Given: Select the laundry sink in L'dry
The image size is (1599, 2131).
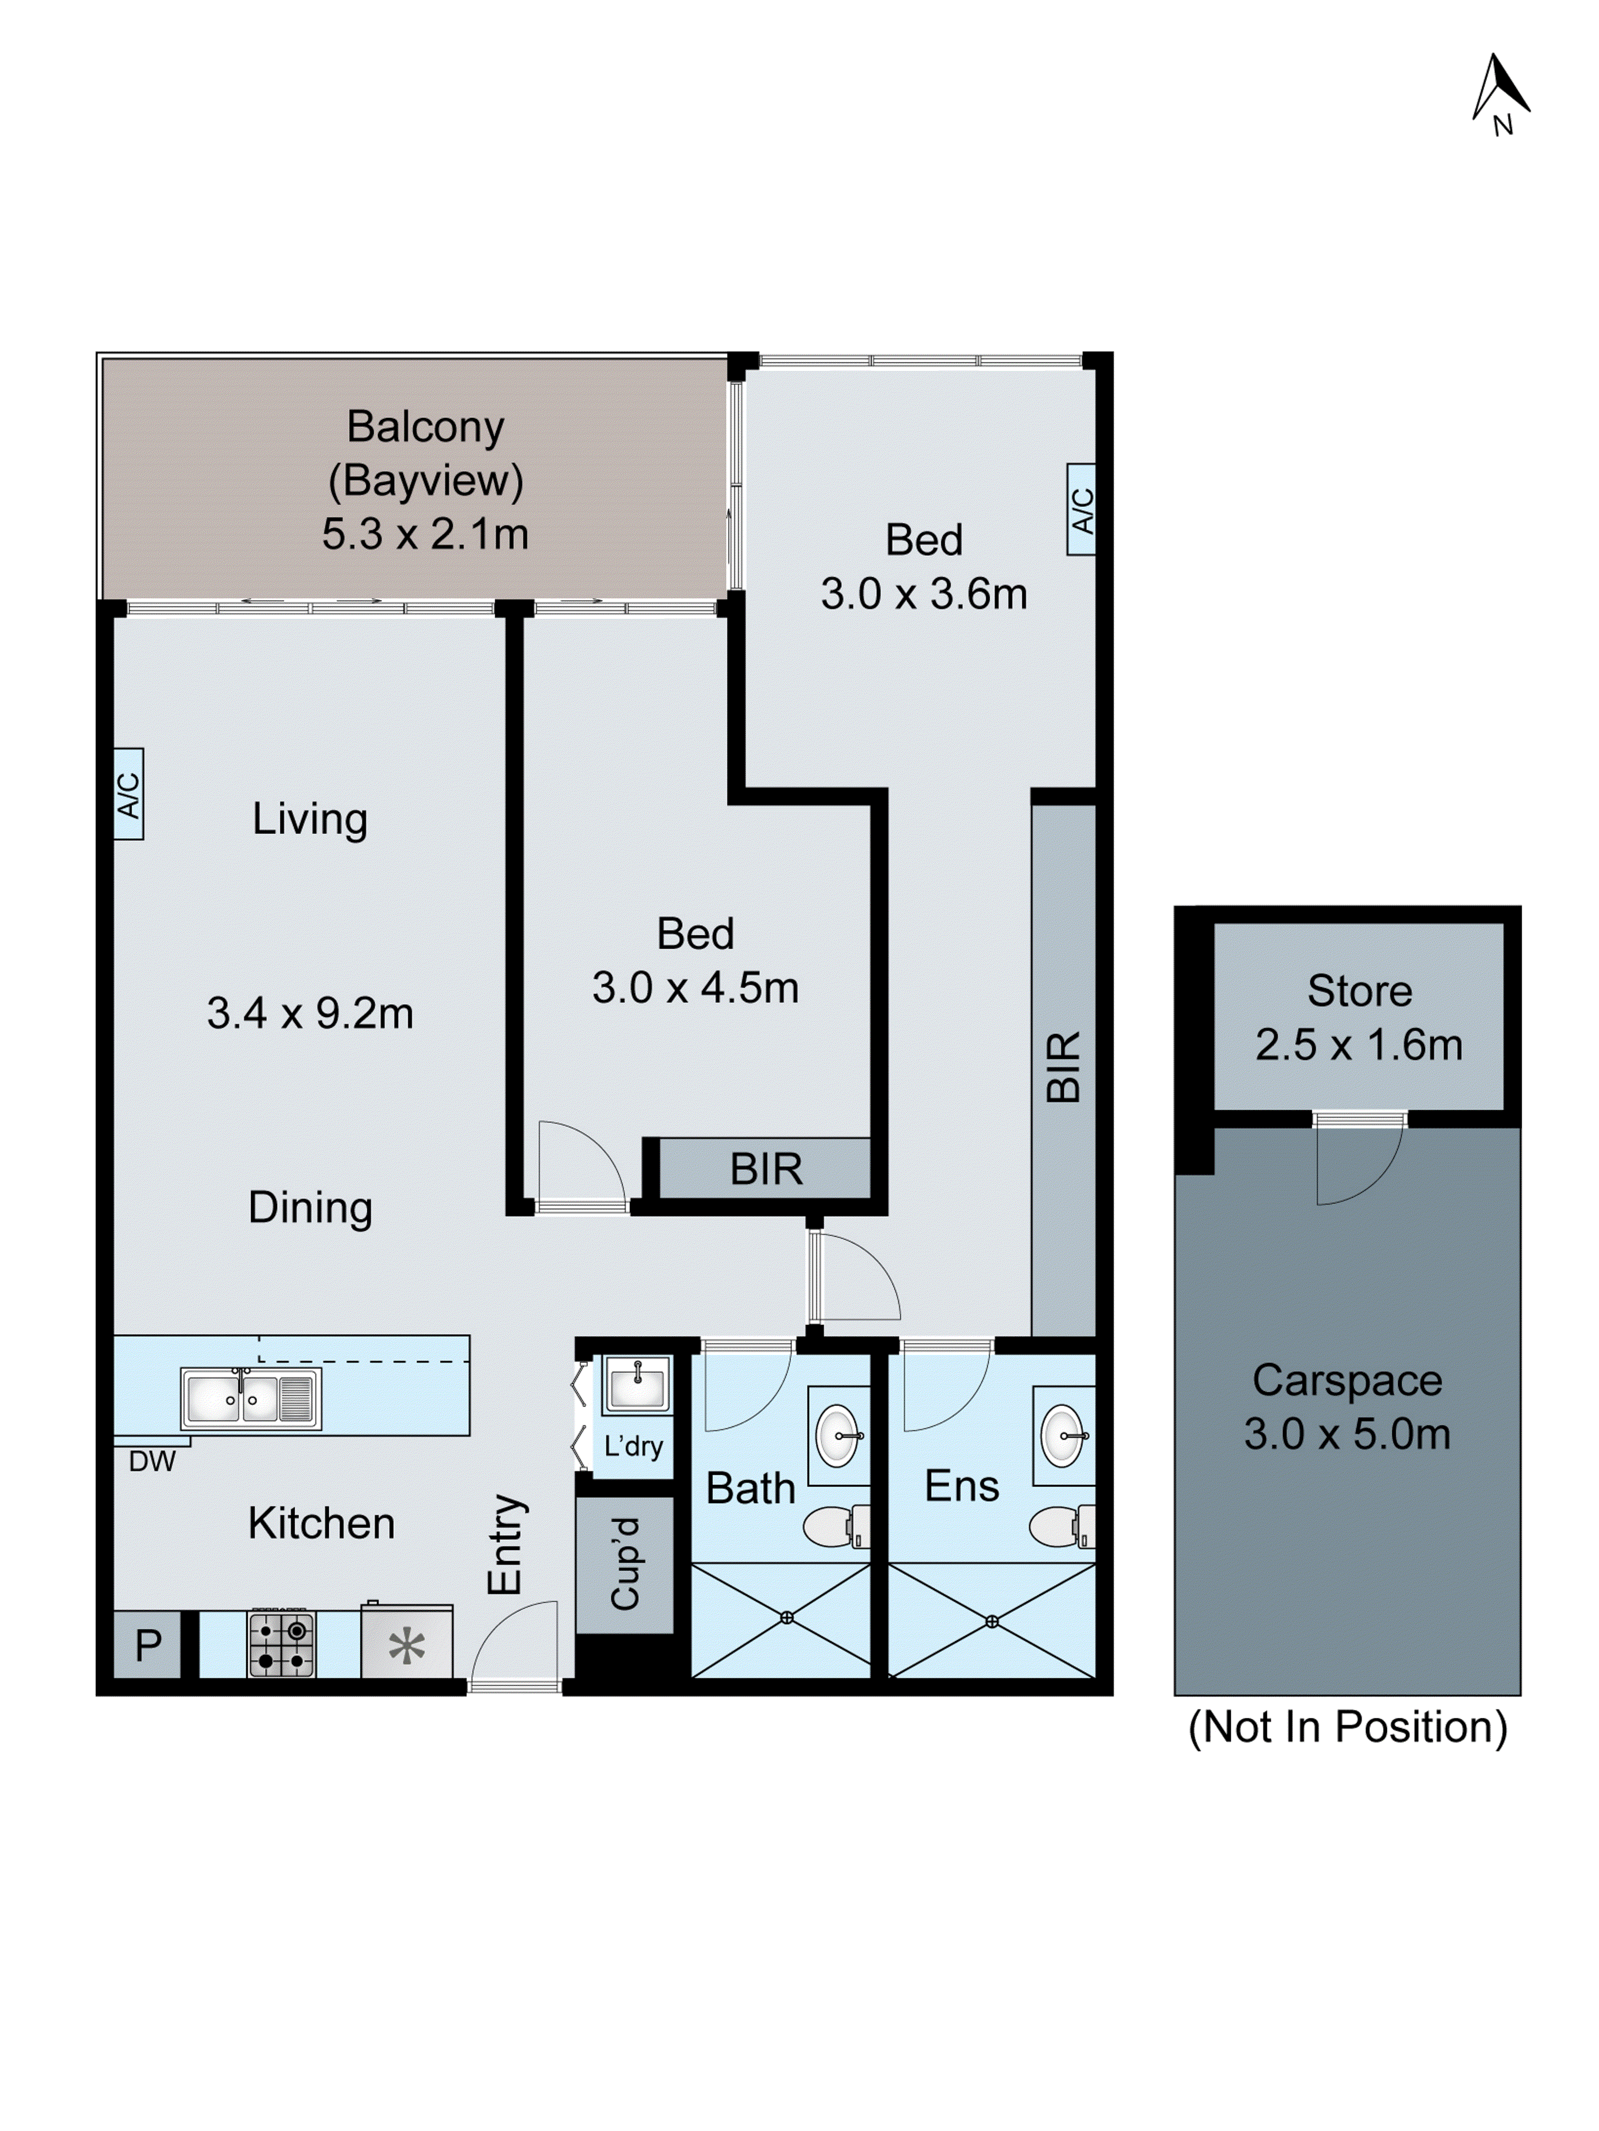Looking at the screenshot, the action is coord(637,1384).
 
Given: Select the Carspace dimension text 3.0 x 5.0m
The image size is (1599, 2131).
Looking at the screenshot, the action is coord(1347,1434).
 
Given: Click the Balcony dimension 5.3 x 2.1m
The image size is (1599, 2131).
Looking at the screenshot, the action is coord(425,534).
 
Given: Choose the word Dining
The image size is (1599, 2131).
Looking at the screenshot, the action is coord(310,1208).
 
